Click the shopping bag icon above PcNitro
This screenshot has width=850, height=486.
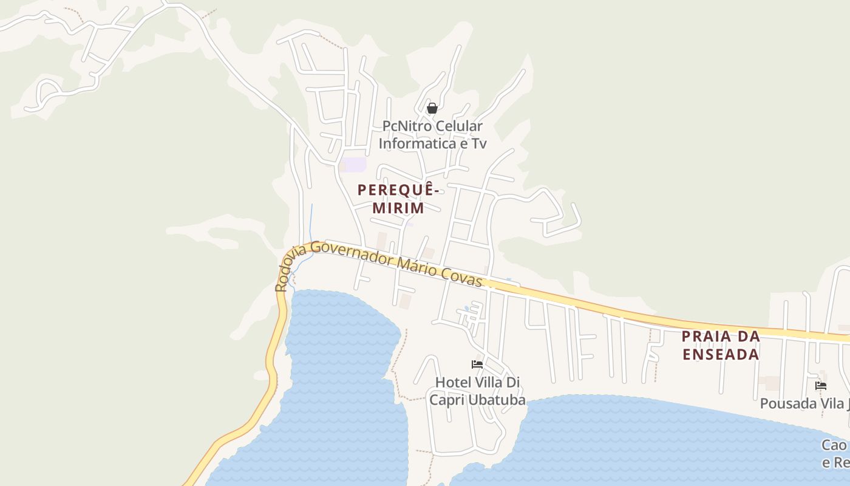(x=432, y=109)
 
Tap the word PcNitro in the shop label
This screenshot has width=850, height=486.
(x=407, y=126)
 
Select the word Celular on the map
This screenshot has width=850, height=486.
(x=460, y=126)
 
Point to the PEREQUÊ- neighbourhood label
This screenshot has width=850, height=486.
(x=398, y=190)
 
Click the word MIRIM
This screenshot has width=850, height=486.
(x=398, y=208)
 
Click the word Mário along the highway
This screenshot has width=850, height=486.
(x=420, y=268)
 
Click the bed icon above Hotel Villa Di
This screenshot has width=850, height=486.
(x=477, y=364)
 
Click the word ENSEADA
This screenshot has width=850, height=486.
(x=721, y=354)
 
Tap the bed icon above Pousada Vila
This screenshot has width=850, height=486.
(x=821, y=385)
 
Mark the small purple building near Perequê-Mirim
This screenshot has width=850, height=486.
(x=353, y=164)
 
